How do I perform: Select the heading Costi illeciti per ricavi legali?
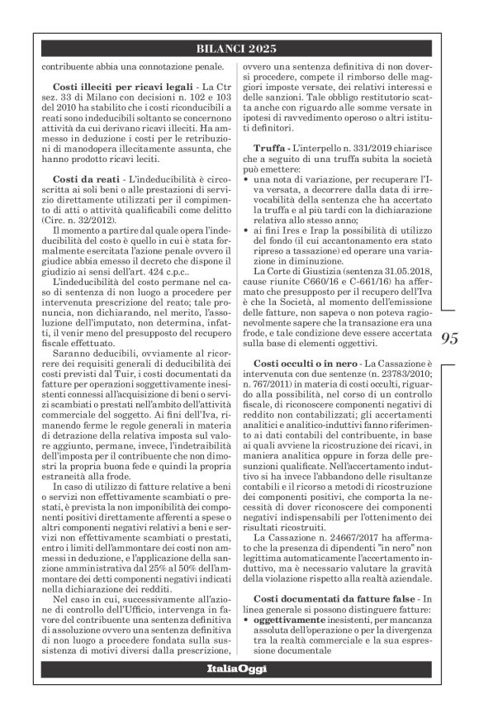pos(108,87)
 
